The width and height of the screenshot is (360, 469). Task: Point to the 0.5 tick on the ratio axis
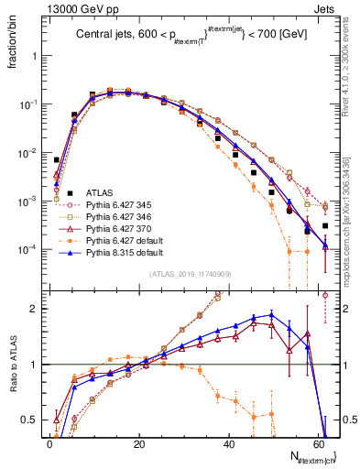[x=32, y=420]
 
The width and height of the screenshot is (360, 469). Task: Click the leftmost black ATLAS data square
[x=57, y=160]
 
